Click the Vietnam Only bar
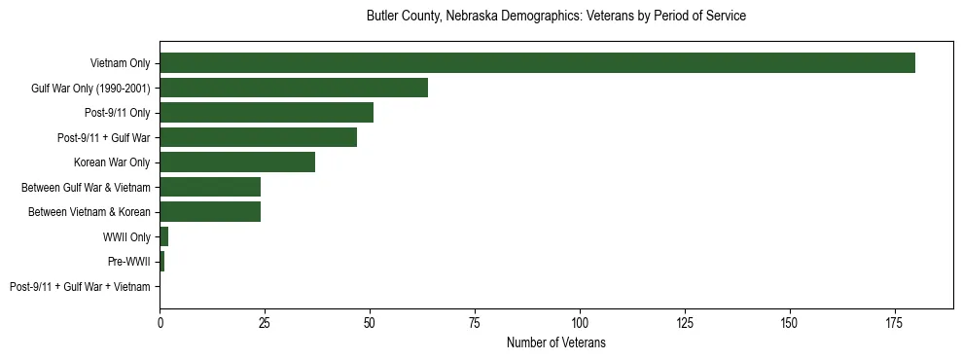coord(537,63)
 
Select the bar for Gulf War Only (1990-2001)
coord(294,89)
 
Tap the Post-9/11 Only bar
coord(267,113)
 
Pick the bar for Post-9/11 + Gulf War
coord(258,138)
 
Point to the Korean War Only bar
coord(237,162)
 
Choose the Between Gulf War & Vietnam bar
coord(210,188)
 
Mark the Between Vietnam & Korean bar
coord(210,212)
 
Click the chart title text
coord(555,17)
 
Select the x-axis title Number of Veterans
coord(555,342)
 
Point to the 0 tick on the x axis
coord(160,322)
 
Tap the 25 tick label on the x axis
coord(265,322)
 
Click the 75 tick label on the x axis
coord(475,322)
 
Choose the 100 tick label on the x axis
coord(580,322)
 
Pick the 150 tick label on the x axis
coord(790,322)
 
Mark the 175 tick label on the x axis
coord(895,322)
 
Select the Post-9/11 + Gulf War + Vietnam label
coord(80,287)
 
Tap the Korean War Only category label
coord(112,162)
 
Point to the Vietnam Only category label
coord(120,63)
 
